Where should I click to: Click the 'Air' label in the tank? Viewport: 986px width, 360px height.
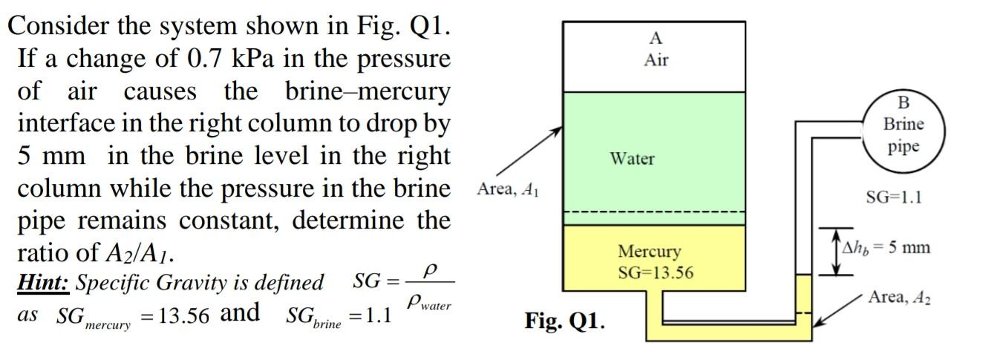pos(656,60)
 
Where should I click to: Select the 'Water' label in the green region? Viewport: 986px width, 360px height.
pos(632,158)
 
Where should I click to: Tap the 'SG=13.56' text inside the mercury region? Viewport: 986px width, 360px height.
pos(656,272)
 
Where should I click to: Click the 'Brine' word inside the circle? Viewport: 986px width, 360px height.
pos(903,124)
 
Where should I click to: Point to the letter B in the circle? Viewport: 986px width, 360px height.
pos(903,102)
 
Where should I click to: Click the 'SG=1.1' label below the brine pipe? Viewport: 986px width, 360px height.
pos(893,198)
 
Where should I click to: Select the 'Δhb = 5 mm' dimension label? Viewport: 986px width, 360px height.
pos(890,247)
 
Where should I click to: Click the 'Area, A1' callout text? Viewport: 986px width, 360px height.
pos(508,189)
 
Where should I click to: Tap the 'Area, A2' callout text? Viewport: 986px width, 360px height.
pos(900,298)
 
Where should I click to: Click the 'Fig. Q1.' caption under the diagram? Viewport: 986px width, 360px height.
pos(564,321)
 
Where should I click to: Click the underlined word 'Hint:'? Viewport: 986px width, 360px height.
pos(44,283)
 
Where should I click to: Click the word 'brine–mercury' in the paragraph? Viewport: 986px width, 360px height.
pos(368,91)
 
